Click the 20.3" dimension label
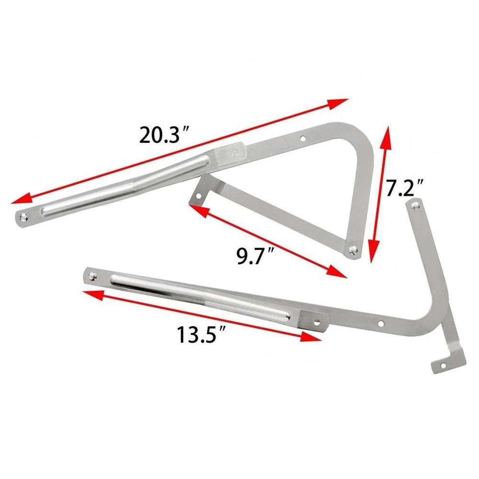[162, 135]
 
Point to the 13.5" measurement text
[200, 334]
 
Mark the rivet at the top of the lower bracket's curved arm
[414, 205]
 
